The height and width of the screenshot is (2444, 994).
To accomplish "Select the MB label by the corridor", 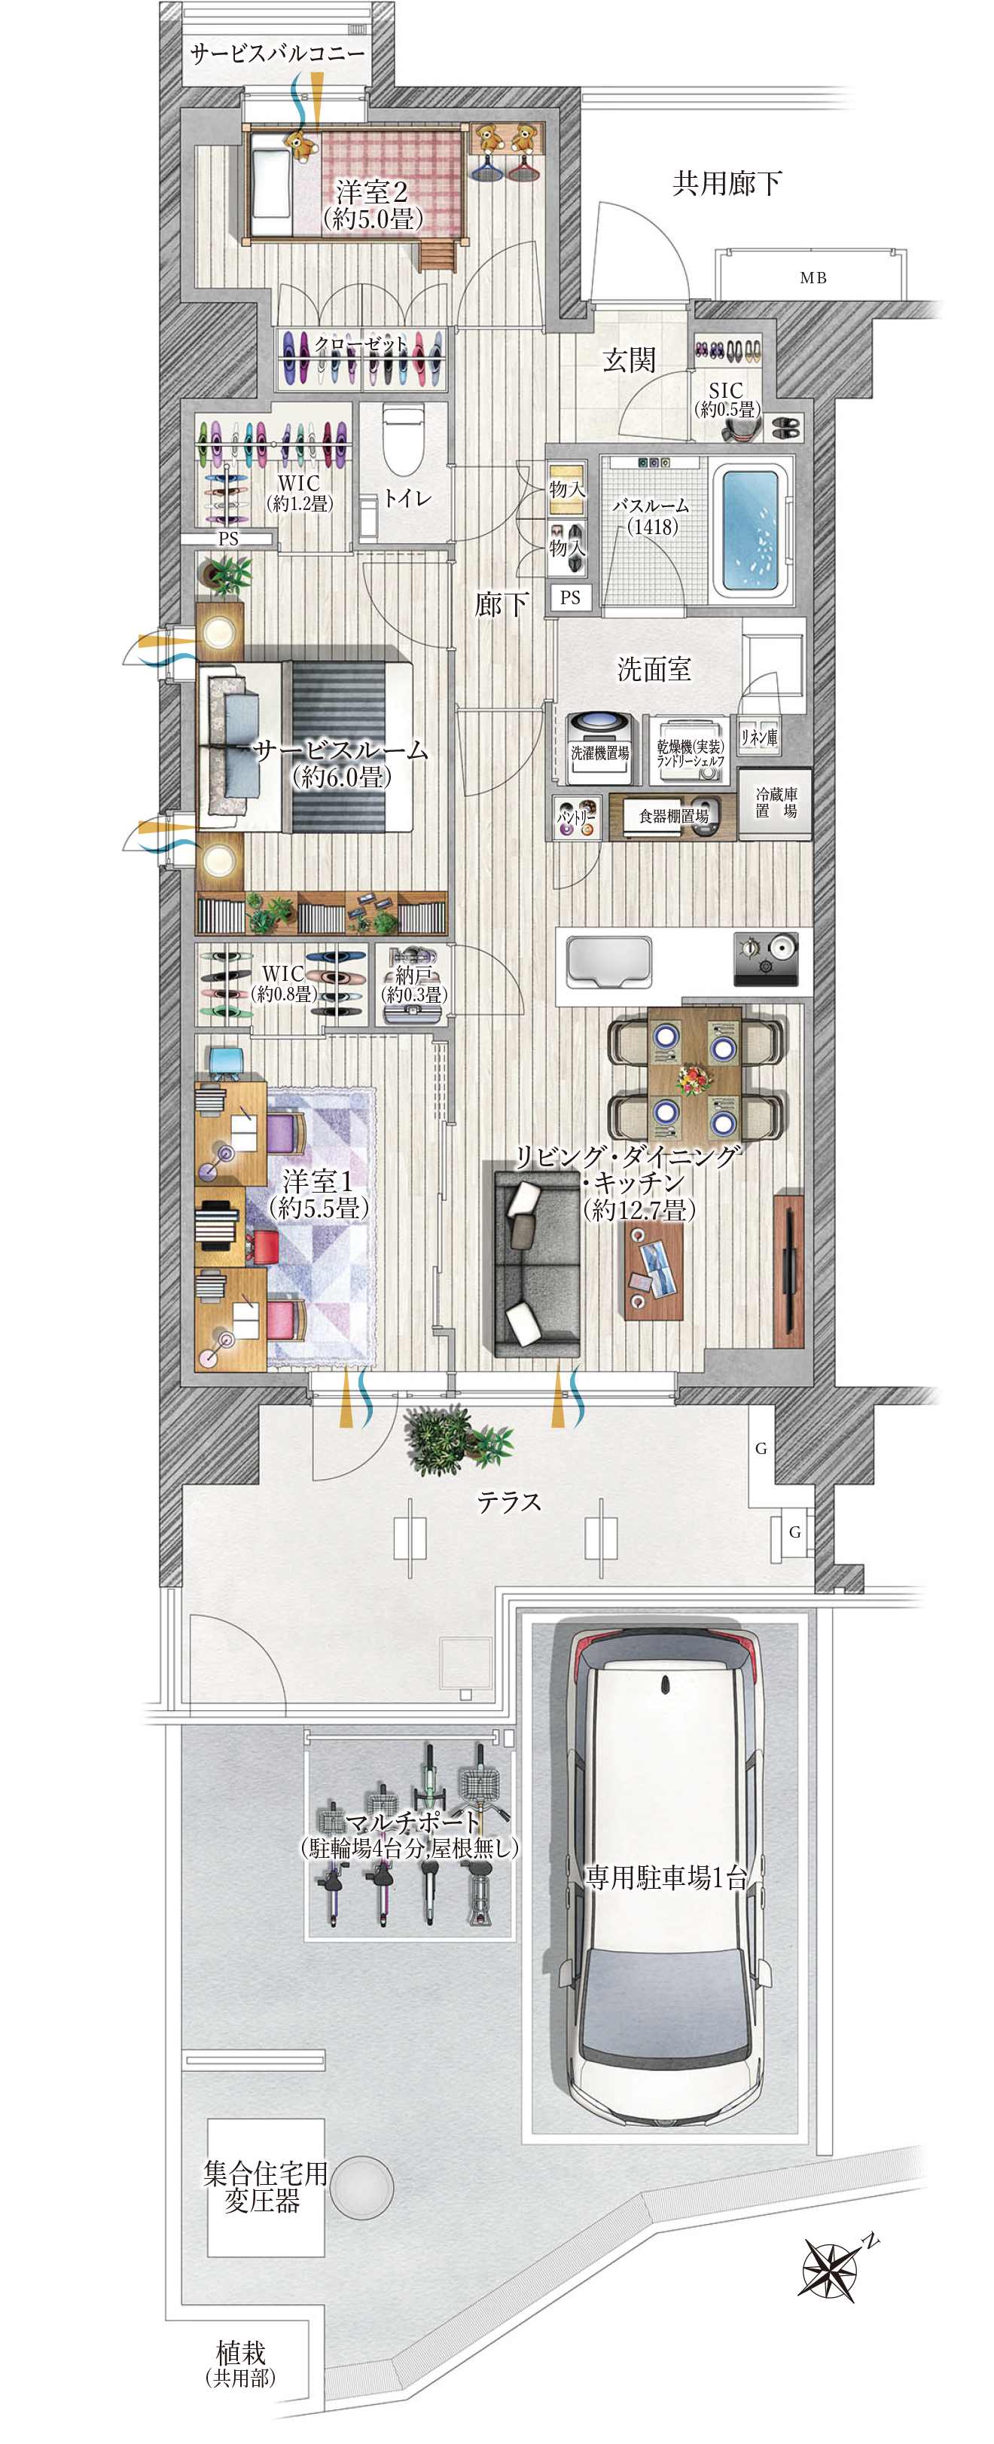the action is (x=813, y=278).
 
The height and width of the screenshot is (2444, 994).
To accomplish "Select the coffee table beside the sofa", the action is (x=654, y=1270).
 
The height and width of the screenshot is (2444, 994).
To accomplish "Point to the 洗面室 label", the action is (x=654, y=669).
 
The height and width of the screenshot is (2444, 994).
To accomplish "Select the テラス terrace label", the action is (x=508, y=1502).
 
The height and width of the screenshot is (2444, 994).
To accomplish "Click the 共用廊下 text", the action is (x=727, y=183).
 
